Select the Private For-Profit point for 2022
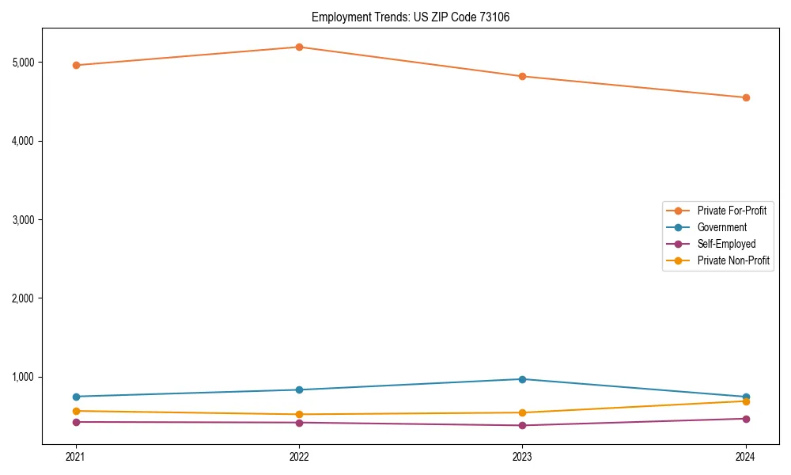[x=299, y=47]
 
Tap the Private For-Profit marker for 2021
[x=76, y=65]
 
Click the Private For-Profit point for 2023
[x=522, y=76]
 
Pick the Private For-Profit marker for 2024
[x=746, y=97]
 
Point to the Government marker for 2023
[x=522, y=379]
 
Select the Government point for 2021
[x=76, y=397]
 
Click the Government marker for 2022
[x=299, y=389]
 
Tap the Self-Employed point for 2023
[x=522, y=425]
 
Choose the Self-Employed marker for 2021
[x=76, y=422]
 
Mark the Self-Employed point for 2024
[x=746, y=419]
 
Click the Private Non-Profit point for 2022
[x=299, y=414]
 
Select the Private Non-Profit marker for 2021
[x=76, y=411]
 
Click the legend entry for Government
[x=721, y=227]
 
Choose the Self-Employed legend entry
[x=726, y=244]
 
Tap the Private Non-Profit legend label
[x=733, y=260]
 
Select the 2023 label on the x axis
[x=522, y=457]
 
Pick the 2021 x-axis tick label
[x=76, y=457]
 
